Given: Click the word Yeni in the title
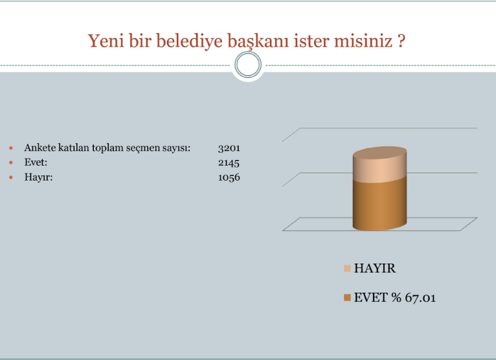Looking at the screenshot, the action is [106, 41].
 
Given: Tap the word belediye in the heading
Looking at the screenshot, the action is [189, 41].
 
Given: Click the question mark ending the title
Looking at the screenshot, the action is [401, 41].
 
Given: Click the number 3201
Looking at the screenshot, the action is [229, 148].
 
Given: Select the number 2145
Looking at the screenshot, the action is [229, 163].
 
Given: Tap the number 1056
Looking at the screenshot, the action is [229, 177].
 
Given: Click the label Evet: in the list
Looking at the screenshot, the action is [36, 163].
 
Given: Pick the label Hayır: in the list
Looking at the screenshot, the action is [38, 177].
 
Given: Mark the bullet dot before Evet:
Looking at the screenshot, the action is [11, 163].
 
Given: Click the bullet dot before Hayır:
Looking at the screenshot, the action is [11, 177].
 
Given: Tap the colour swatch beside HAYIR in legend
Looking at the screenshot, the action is [347, 268].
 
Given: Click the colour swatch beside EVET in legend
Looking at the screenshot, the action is [347, 298].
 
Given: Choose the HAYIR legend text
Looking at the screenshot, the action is [374, 268].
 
